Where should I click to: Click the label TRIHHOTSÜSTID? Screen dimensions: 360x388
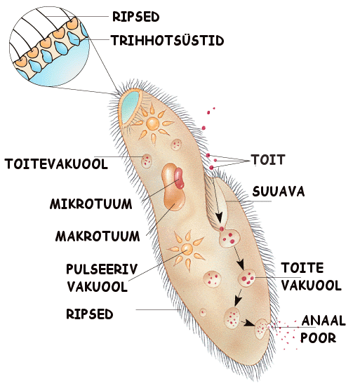[167, 41]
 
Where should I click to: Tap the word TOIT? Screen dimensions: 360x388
[268, 159]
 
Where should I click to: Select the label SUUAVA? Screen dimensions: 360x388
[279, 192]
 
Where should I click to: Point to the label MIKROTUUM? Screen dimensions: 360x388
[91, 204]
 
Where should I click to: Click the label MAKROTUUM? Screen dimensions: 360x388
[98, 236]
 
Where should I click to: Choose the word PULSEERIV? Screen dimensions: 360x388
[102, 269]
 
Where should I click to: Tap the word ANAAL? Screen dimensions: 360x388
[324, 321]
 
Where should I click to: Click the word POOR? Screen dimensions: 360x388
[318, 337]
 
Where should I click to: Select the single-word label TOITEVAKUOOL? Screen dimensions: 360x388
[56, 163]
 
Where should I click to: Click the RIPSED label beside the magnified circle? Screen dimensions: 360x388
[136, 17]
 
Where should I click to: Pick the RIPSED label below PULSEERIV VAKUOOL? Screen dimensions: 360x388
[90, 314]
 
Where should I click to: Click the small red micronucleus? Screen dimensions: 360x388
[179, 178]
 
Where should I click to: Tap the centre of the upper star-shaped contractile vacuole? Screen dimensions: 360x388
[152, 123]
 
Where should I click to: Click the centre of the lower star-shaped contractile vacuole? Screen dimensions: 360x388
[187, 248]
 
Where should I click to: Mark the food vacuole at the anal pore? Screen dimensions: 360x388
[262, 329]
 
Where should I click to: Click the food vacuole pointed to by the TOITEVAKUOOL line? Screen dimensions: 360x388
[147, 161]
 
